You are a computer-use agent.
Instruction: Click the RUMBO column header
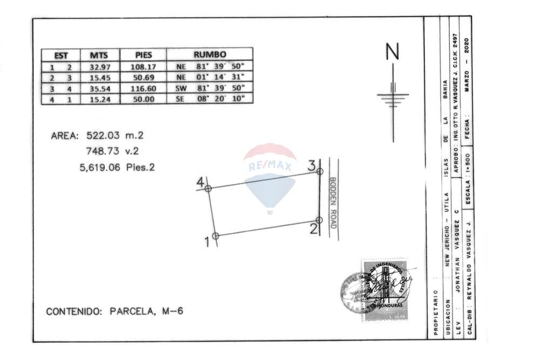click(210, 55)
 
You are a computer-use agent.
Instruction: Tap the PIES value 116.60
click(143, 89)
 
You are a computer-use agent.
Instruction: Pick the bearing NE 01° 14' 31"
click(210, 78)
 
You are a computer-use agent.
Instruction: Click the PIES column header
click(143, 55)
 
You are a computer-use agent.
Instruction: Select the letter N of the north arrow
click(393, 52)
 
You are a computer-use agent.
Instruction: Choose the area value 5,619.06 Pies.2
click(117, 167)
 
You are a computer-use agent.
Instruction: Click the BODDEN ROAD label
click(333, 202)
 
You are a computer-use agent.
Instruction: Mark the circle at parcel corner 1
click(215, 236)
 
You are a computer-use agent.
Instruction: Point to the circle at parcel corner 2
click(319, 220)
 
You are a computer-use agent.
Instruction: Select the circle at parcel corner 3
click(320, 171)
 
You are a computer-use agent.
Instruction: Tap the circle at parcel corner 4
click(208, 188)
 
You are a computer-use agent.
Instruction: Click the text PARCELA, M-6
click(146, 311)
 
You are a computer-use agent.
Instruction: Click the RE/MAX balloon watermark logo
click(269, 178)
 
